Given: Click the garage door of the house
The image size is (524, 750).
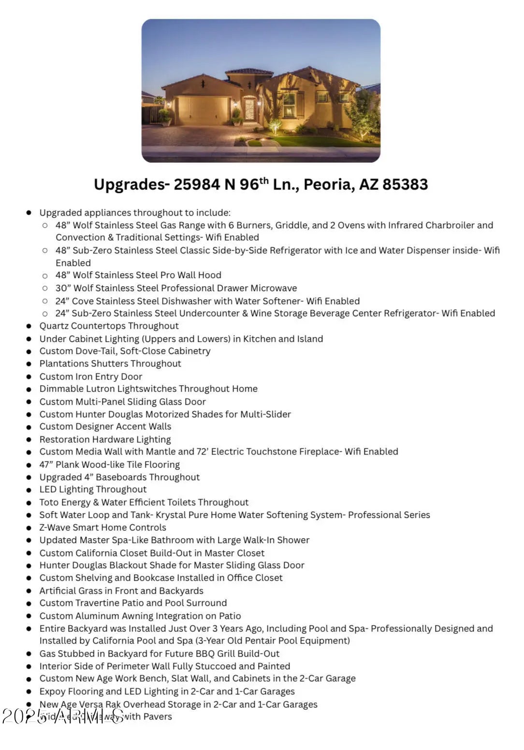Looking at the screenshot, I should (x=203, y=111).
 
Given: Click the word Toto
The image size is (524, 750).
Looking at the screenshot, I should (x=49, y=502).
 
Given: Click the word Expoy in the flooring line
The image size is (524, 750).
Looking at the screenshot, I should (x=53, y=691).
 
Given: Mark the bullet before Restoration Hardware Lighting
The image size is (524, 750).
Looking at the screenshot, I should (x=29, y=440).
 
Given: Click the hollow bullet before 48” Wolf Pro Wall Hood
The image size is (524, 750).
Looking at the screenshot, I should (x=45, y=276).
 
